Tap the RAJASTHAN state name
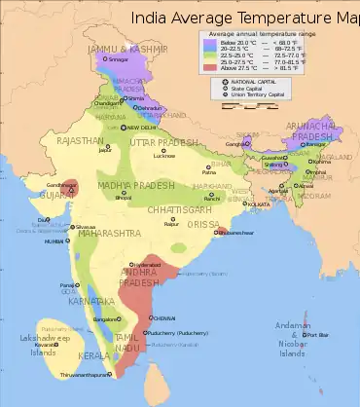tap(80, 141)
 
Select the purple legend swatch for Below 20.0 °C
tap(208, 42)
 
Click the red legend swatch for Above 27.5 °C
tap(208, 69)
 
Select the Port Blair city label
tap(319, 336)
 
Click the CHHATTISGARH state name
tap(175, 208)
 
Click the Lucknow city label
tap(164, 156)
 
